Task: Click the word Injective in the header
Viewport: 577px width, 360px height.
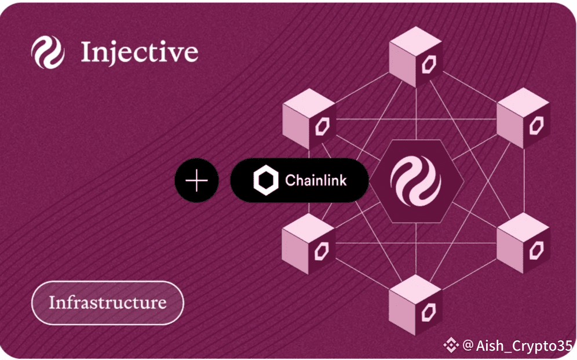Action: (x=139, y=52)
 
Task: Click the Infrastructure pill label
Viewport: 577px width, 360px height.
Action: (x=107, y=303)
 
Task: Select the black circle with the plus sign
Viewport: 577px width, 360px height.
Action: (x=196, y=180)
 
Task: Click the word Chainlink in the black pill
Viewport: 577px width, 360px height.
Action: (x=316, y=180)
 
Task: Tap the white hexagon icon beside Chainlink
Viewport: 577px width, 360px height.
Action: (x=266, y=180)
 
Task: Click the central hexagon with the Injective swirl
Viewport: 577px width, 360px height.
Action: (x=415, y=180)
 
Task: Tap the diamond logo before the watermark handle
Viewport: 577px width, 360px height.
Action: (x=451, y=346)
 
